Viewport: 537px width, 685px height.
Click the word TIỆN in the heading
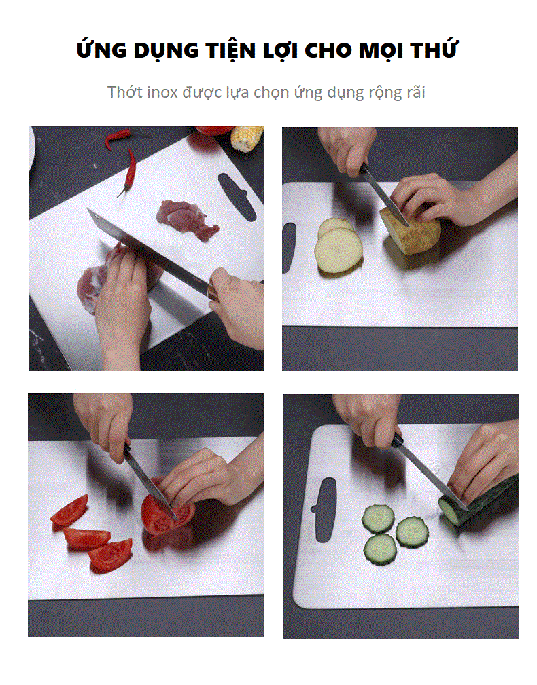(x=231, y=50)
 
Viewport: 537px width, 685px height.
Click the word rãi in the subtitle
(x=415, y=92)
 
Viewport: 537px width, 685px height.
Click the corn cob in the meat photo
(x=247, y=138)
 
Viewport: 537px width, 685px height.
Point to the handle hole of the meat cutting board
(x=237, y=196)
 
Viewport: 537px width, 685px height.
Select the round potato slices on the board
(x=338, y=246)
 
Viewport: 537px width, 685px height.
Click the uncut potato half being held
(x=411, y=231)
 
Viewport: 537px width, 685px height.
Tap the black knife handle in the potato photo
(x=364, y=168)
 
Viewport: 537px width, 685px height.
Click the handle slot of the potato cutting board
(x=289, y=247)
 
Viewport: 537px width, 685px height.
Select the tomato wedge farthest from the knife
(x=70, y=511)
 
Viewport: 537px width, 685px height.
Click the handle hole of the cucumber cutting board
(x=325, y=509)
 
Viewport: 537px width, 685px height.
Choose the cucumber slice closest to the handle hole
(x=378, y=519)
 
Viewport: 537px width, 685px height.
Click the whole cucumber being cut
(x=479, y=500)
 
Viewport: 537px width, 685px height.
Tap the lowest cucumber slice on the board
(x=381, y=550)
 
